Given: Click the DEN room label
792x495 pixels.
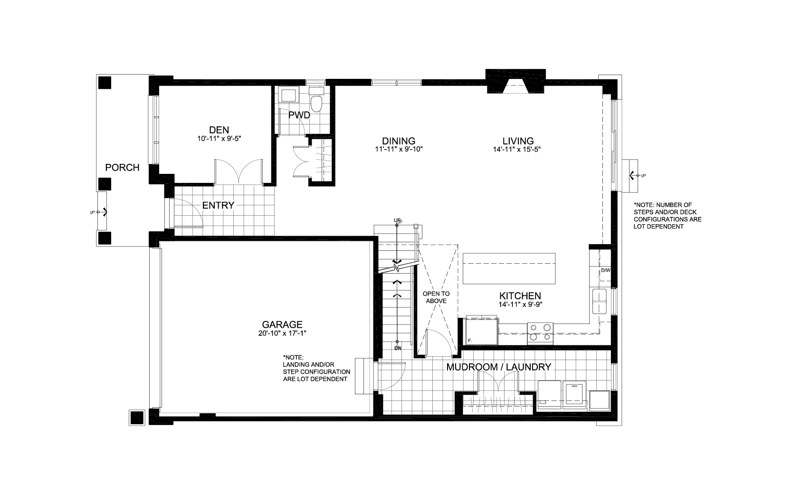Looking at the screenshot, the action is [x=219, y=130].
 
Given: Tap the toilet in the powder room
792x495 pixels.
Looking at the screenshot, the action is [x=316, y=100].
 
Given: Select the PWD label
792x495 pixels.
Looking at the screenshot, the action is [x=299, y=115].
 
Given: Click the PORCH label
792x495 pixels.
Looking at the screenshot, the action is [x=122, y=168].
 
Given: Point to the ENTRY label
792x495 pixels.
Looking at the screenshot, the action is [x=218, y=205].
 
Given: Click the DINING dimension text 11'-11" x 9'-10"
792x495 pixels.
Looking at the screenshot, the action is [x=399, y=149].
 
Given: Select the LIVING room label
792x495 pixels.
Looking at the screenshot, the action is [x=518, y=141].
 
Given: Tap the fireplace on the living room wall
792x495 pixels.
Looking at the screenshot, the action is [x=515, y=81].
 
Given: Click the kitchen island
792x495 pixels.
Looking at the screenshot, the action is [x=509, y=268].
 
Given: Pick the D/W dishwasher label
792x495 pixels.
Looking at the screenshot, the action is [x=606, y=270].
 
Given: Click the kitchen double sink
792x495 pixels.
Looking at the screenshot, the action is [x=600, y=301].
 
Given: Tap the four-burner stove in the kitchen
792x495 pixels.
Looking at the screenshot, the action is [x=540, y=333].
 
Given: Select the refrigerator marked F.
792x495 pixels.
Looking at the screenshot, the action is [x=482, y=331].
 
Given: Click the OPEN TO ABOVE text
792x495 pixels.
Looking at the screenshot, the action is [x=436, y=297].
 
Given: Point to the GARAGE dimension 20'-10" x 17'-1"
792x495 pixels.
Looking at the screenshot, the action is [x=282, y=333].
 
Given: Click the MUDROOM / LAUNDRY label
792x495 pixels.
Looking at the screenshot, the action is [x=498, y=367].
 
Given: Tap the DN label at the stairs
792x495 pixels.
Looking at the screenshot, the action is [x=398, y=348].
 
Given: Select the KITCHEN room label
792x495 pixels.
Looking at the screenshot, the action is [x=520, y=296].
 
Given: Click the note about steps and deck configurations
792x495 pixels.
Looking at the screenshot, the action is [x=668, y=216].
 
